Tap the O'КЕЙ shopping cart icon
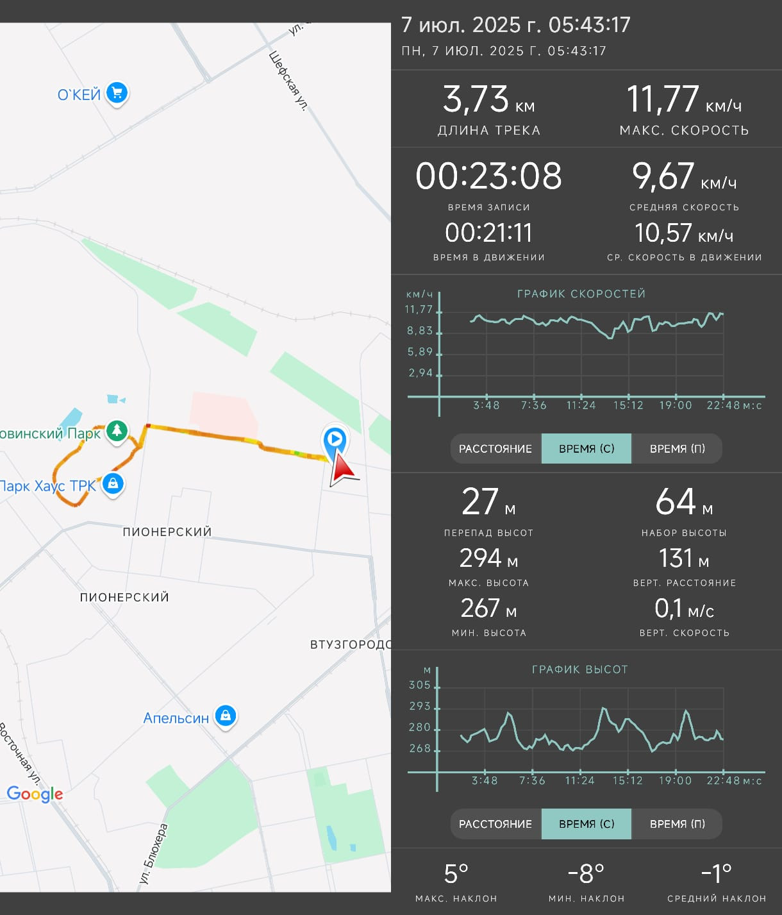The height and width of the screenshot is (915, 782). [117, 94]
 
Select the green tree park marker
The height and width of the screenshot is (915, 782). [117, 431]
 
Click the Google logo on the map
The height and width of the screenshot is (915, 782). [35, 794]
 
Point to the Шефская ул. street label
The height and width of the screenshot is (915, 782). [288, 81]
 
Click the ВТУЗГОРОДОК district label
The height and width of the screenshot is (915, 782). [350, 644]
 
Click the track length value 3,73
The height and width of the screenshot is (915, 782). [476, 99]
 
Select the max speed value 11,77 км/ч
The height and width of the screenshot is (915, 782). [684, 99]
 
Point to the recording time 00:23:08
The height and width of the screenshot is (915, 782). [488, 176]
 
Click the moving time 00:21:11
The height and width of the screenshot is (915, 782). [488, 233]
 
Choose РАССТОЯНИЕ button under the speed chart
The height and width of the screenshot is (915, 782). [495, 448]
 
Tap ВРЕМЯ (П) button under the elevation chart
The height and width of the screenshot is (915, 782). [677, 824]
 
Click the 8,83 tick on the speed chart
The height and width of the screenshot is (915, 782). [420, 330]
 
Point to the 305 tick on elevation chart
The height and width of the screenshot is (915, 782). [420, 685]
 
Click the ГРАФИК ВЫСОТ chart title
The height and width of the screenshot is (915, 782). [579, 669]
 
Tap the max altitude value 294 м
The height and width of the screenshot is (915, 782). [488, 558]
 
